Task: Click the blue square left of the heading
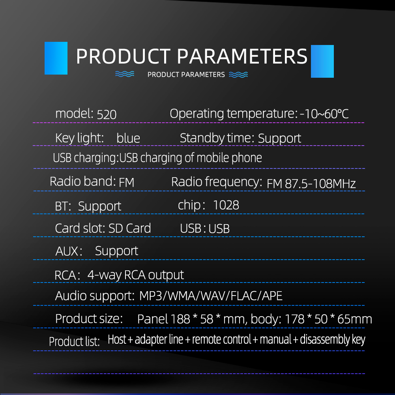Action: click(x=56, y=58)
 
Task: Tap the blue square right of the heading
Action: click(x=322, y=61)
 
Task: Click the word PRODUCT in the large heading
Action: click(x=124, y=56)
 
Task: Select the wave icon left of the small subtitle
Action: click(x=125, y=74)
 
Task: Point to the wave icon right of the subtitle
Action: click(x=238, y=75)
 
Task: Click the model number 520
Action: click(x=107, y=114)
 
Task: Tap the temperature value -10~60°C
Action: click(x=324, y=114)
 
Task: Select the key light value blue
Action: click(x=128, y=138)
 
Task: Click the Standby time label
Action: click(x=217, y=138)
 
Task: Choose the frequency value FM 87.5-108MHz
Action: click(x=311, y=183)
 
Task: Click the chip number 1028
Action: click(x=226, y=205)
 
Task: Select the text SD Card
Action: click(x=129, y=228)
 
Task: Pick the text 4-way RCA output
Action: click(x=135, y=275)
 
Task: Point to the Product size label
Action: click(x=89, y=319)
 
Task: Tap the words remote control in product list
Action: click(x=222, y=339)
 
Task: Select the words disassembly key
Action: click(x=333, y=340)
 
